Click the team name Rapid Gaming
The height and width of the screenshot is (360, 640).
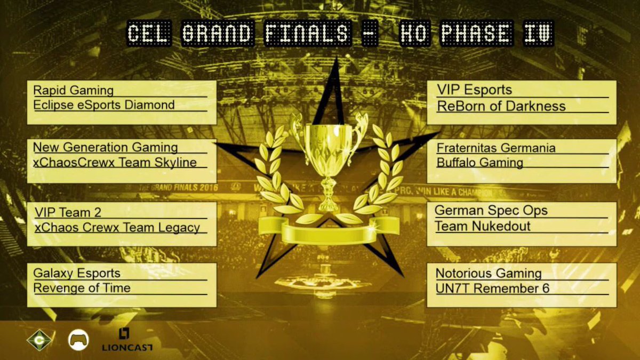pos(73,90)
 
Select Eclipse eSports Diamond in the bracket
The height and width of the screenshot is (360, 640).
pos(103,105)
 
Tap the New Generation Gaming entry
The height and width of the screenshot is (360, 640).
pos(105,147)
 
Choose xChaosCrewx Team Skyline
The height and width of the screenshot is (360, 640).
pos(115,162)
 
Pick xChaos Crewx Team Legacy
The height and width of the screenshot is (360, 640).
pos(117,227)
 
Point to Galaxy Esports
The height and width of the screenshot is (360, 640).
pos(77,274)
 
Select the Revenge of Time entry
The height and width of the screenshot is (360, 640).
pos(82,288)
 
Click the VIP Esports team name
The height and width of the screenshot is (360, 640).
pos(474,90)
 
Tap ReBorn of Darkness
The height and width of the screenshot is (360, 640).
pos(501,106)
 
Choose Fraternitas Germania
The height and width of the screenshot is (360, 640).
pos(496,148)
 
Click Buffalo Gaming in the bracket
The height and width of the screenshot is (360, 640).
pos(479,162)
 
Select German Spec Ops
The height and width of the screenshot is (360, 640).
pos(491,210)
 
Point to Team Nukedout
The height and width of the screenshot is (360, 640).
pos(483,226)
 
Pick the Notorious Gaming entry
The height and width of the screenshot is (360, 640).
pos(489,274)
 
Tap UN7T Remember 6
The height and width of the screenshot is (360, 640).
pos(492,289)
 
